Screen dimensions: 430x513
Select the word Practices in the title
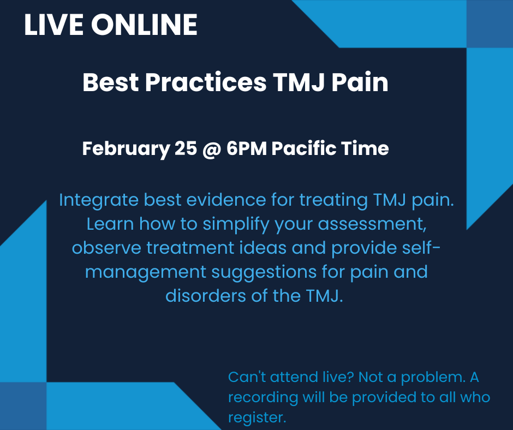(x=207, y=83)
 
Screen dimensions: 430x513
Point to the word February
(x=126, y=149)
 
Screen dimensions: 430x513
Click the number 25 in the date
(x=186, y=149)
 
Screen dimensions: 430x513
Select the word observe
(x=106, y=248)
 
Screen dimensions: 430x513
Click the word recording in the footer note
(x=263, y=397)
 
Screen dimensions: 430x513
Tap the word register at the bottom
(x=256, y=417)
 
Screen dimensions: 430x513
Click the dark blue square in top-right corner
(x=490, y=23)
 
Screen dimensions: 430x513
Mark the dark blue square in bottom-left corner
(x=23, y=406)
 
